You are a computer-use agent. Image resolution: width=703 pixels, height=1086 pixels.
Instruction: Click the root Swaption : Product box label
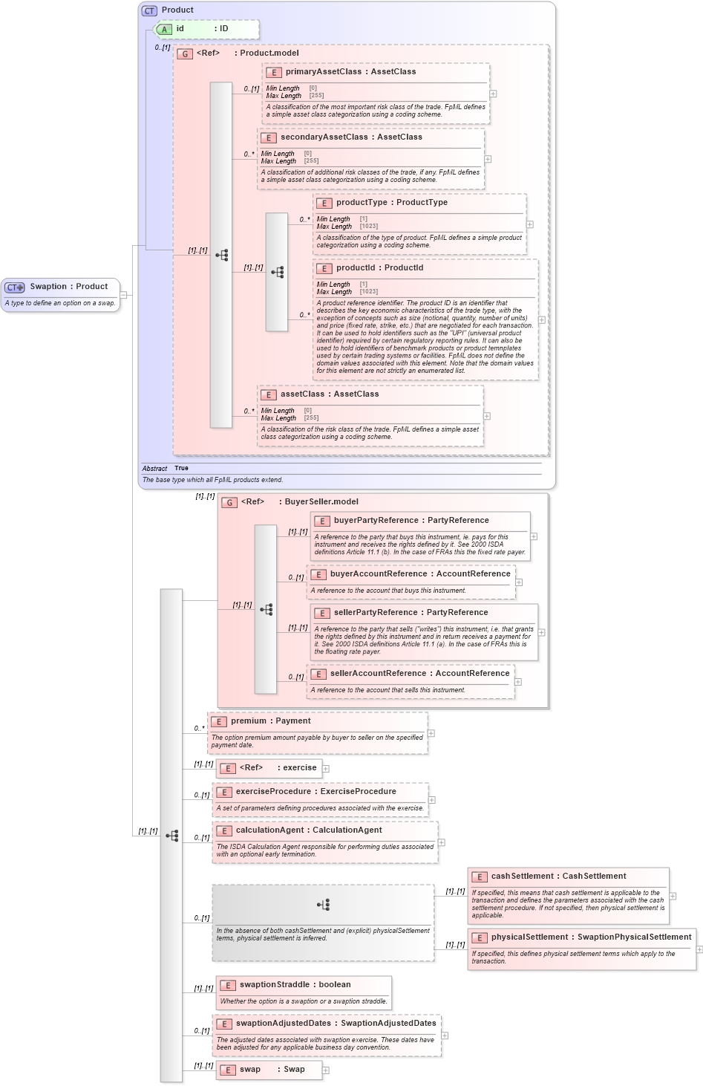68,287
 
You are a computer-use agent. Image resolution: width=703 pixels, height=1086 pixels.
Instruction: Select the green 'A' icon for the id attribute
165,30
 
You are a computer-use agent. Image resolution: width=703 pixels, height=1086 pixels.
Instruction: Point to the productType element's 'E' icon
324,203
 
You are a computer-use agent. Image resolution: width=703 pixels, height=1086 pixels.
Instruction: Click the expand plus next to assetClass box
487,416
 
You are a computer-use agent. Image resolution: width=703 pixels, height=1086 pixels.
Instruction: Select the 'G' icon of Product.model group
185,53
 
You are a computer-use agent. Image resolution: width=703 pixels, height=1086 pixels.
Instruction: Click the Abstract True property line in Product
166,469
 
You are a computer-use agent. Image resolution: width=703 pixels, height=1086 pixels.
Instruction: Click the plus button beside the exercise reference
326,769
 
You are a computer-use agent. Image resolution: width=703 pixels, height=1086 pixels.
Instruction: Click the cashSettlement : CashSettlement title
558,877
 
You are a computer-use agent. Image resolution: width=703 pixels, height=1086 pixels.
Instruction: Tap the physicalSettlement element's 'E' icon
480,937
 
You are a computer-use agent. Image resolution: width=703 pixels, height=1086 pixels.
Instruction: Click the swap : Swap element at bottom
271,1070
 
